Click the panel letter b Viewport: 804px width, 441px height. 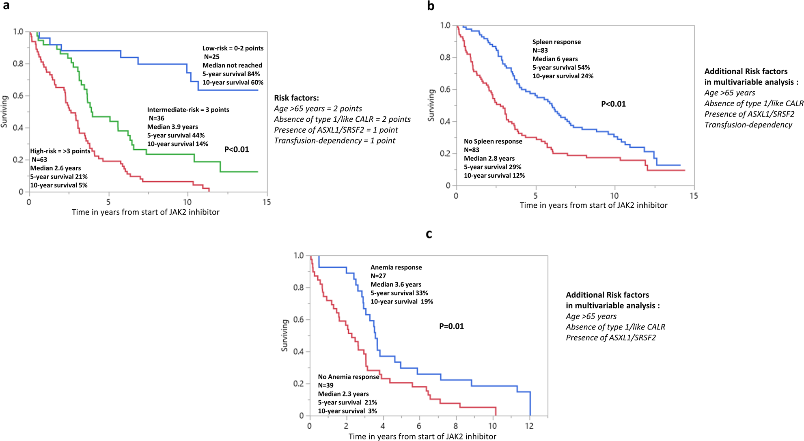pos(431,6)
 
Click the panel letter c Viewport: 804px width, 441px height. pos(429,234)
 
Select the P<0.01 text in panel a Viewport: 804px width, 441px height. pos(237,150)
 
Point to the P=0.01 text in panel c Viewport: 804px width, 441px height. pos(451,326)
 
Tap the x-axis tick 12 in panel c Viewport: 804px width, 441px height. pos(529,426)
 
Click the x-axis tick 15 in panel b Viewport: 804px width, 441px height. pos(694,196)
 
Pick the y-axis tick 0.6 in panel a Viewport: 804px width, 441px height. pos(18,96)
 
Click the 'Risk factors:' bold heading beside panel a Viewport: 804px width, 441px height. pos(296,98)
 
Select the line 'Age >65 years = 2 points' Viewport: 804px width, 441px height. pos(318,109)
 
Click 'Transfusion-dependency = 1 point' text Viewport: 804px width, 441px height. pos(334,141)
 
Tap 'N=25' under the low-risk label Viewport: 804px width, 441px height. pos(211,57)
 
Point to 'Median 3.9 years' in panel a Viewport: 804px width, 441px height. pos(172,127)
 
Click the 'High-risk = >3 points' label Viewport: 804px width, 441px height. pos(60,151)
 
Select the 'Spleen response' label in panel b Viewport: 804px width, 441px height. pos(556,42)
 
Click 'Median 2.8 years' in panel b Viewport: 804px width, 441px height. pos(489,159)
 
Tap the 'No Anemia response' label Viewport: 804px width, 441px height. pos(348,377)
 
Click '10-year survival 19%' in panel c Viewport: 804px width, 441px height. pos(401,302)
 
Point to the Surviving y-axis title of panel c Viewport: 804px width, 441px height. pos(285,335)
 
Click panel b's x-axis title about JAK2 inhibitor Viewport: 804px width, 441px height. pos(593,205)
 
